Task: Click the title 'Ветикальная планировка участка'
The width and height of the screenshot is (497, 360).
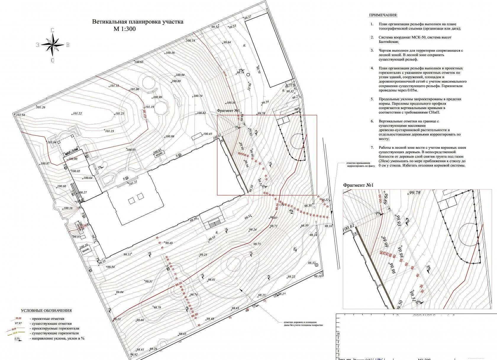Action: (x=138, y=22)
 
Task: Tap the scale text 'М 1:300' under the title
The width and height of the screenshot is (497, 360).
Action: (x=125, y=29)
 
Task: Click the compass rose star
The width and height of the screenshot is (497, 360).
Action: (x=52, y=45)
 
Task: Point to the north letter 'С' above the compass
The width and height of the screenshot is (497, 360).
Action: (x=52, y=30)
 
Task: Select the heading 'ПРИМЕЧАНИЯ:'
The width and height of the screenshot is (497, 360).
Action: (x=383, y=15)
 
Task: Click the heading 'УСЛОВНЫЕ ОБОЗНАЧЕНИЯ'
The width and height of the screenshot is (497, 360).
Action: (x=46, y=311)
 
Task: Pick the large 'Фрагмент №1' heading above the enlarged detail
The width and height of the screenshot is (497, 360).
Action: (x=358, y=185)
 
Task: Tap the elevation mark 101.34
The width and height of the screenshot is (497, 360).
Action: (x=20, y=115)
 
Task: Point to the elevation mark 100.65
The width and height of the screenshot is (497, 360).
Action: (x=138, y=62)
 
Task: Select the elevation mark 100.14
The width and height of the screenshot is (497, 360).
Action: (x=190, y=41)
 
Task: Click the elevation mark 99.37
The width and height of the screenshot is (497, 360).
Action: (x=248, y=17)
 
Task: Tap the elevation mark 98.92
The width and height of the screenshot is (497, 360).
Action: (x=134, y=354)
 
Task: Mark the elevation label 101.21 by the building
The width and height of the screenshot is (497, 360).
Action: (x=133, y=183)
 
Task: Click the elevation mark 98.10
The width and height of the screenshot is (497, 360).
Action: (x=317, y=276)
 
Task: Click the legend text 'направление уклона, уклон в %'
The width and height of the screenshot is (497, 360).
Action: (x=57, y=338)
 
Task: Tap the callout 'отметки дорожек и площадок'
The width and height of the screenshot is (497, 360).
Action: (x=300, y=322)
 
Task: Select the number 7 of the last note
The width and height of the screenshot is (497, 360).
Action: (x=372, y=147)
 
